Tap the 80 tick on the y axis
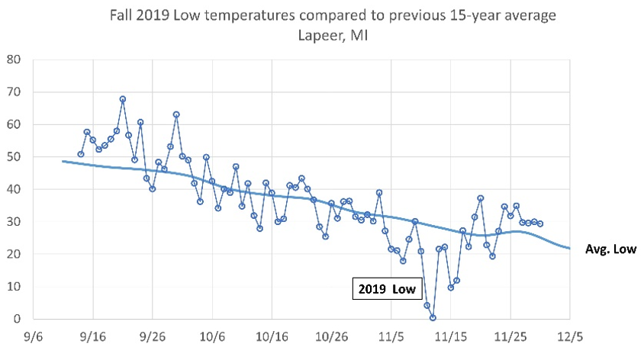tap(14, 59)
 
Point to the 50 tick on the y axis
tap(14, 157)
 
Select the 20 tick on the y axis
tap(14, 254)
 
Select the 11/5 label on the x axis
tap(391, 336)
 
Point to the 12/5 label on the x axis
tap(569, 336)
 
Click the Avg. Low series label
tap(610, 249)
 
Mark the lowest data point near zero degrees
tap(433, 317)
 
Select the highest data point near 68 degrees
tap(123, 99)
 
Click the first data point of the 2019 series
tap(81, 154)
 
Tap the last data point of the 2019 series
tap(540, 223)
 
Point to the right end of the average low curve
tap(569, 249)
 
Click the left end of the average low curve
tap(63, 161)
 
